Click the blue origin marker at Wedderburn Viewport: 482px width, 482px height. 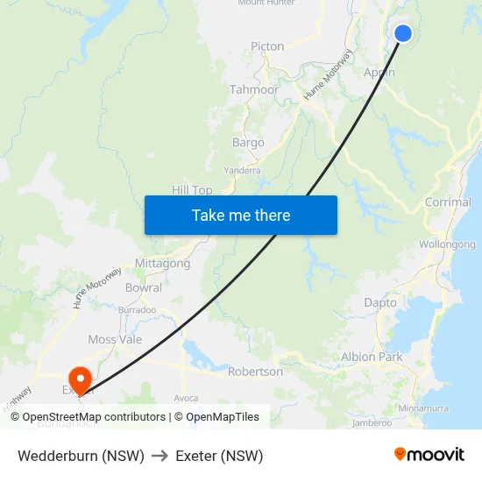click(403, 33)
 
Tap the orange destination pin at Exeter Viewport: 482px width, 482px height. click(81, 379)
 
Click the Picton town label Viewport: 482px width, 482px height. click(267, 46)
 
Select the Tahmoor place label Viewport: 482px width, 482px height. click(254, 89)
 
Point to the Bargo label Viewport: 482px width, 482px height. click(248, 142)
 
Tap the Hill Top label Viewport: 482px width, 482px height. click(192, 190)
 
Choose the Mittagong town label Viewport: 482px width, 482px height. click(162, 263)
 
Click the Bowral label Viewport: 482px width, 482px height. click(144, 287)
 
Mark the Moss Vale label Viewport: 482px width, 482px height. click(115, 339)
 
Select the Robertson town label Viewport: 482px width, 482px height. click(255, 372)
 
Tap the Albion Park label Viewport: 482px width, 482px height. click(372, 357)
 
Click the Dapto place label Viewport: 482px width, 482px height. click(380, 302)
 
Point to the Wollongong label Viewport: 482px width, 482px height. click(447, 245)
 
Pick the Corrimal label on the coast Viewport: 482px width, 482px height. click(448, 202)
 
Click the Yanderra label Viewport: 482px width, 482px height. click(242, 170)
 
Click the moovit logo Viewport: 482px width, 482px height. click(429, 455)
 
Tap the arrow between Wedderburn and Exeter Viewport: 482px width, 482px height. click(159, 456)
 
